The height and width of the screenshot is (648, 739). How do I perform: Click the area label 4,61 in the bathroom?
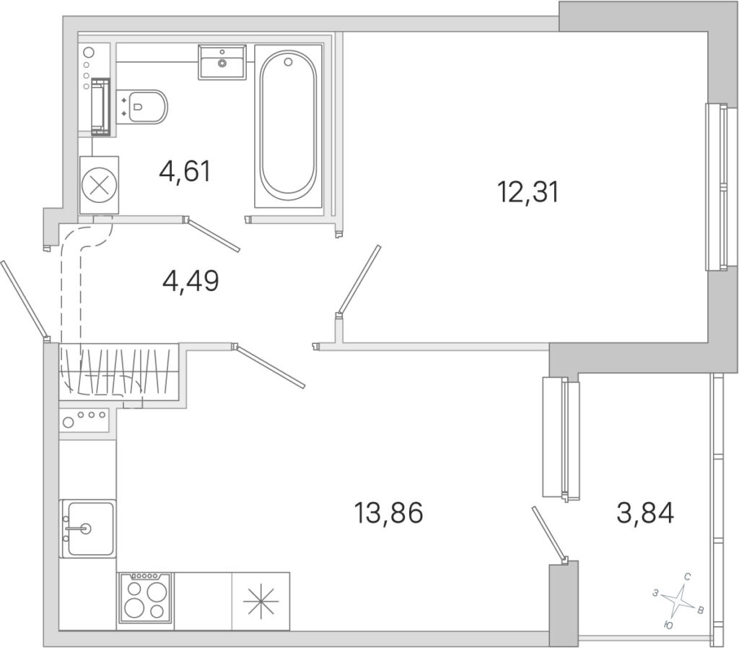coord(185,171)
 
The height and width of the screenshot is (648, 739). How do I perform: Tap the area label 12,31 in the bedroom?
coord(528,192)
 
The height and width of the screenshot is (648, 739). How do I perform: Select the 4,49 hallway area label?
coord(191,281)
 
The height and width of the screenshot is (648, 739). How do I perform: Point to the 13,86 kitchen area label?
coord(389,513)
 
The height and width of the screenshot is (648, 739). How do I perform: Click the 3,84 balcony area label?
coord(645,513)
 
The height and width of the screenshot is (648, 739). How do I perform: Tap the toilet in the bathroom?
coord(142,107)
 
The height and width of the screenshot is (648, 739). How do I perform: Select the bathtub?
coord(289,126)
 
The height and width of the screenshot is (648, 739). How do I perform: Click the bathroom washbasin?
coord(222,62)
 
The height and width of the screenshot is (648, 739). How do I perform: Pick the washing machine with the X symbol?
coord(99,185)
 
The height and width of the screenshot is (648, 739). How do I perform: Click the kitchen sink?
coord(87,529)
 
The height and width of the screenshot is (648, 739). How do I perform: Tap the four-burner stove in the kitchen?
coord(145,598)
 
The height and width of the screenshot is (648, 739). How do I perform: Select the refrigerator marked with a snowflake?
coord(261,601)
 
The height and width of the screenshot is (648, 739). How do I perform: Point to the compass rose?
coord(678,600)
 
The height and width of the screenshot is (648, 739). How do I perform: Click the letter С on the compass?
coord(688,576)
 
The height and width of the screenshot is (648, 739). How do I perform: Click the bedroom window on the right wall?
coord(721,187)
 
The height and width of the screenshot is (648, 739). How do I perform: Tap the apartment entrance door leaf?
coord(25,300)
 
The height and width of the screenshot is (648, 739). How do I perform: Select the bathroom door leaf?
coord(213,234)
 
